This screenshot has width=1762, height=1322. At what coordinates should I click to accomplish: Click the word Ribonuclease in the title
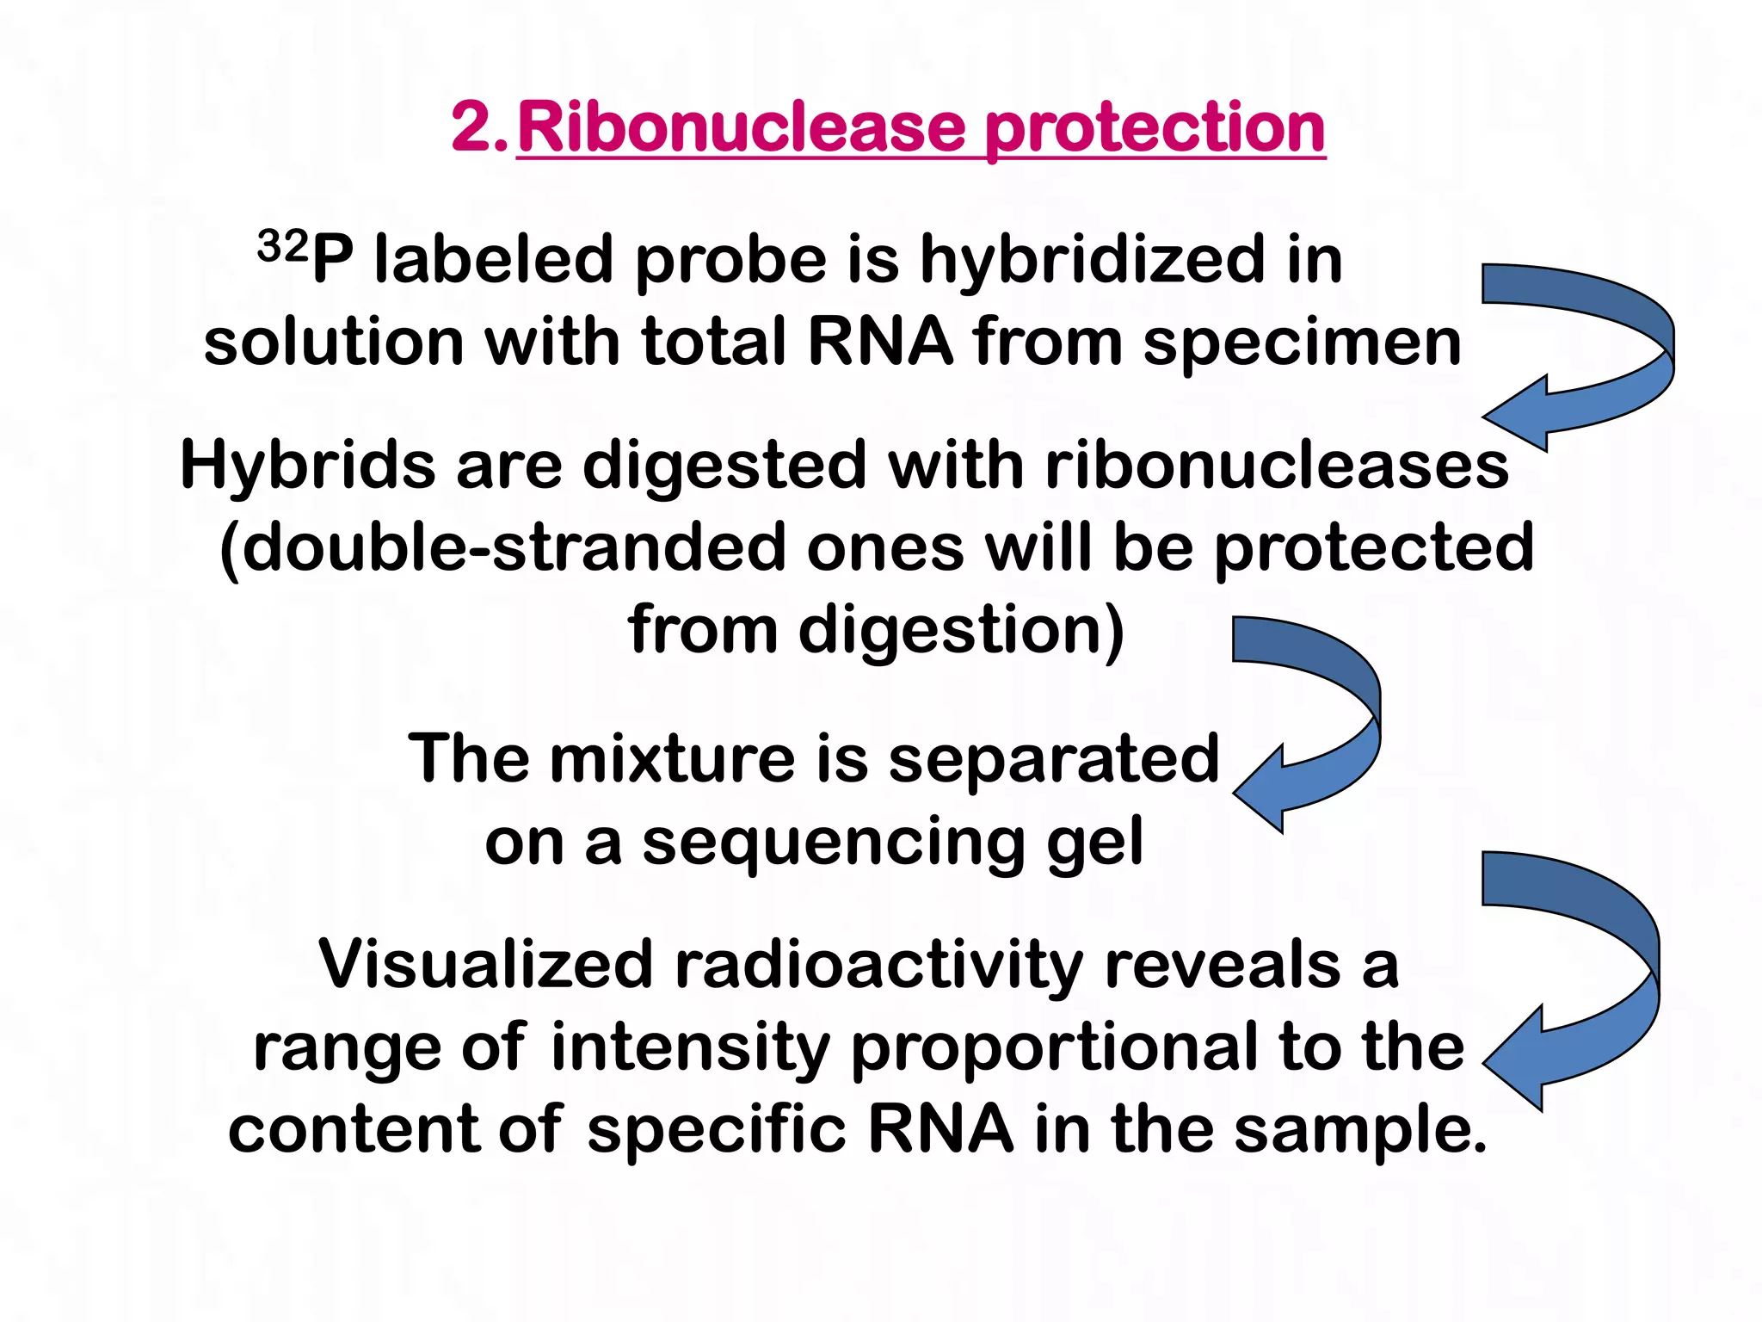[741, 127]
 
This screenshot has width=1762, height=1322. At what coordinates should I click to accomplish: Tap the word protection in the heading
[1154, 129]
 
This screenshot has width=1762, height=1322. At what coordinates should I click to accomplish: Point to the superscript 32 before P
[282, 247]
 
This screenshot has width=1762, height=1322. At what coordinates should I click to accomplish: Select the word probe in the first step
[730, 262]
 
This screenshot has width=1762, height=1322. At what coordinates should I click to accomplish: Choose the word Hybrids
[307, 466]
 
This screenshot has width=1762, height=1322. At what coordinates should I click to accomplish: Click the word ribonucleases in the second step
[1277, 466]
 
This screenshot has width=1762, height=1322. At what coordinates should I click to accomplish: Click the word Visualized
[485, 965]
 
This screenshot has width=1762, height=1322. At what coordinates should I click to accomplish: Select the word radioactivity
[878, 965]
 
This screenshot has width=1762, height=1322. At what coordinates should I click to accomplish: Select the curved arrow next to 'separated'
[1316, 723]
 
